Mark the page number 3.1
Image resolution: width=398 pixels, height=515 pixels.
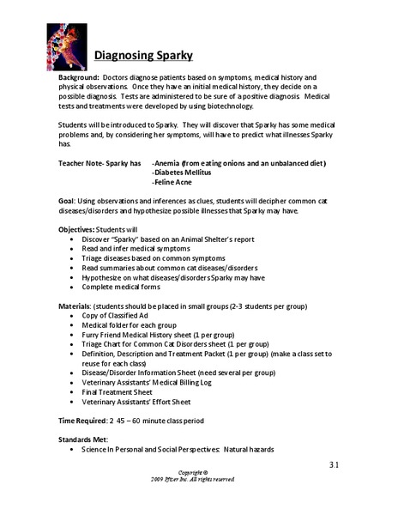pos(334,465)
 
